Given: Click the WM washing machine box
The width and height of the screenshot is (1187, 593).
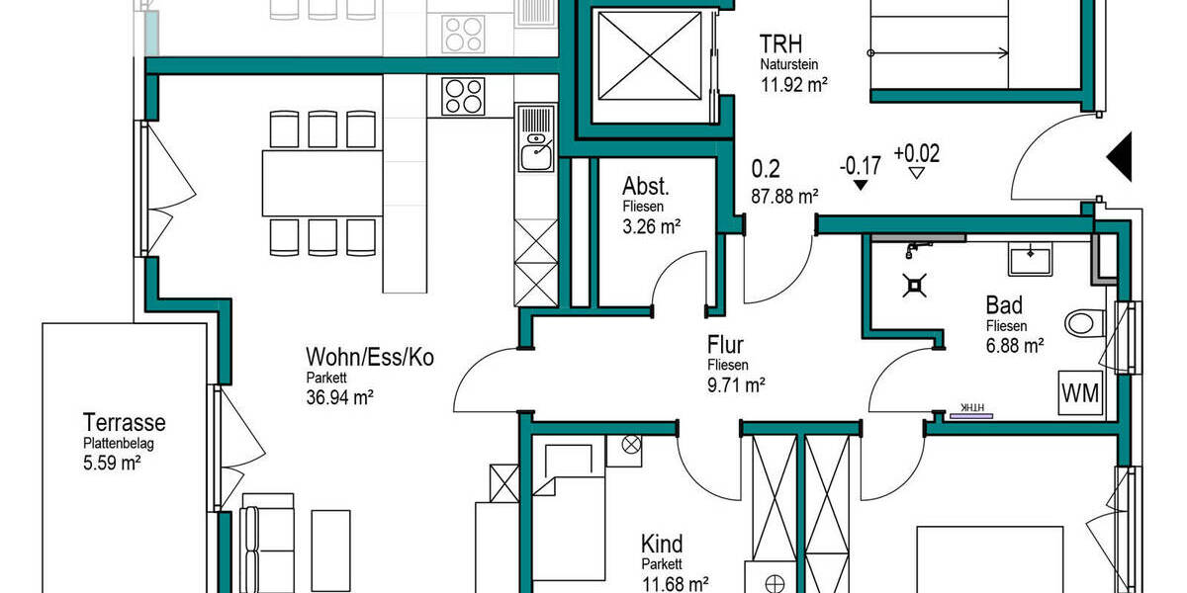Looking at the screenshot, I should (x=1080, y=393).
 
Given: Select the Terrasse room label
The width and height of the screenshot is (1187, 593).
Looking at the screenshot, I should (x=124, y=423).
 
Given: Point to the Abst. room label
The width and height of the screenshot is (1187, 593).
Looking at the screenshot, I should (x=646, y=187).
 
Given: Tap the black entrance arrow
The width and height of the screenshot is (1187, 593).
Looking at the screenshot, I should (x=1120, y=157).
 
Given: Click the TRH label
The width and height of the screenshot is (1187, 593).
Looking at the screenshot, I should (x=779, y=44).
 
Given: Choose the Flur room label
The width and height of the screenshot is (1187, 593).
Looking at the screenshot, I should (x=725, y=345).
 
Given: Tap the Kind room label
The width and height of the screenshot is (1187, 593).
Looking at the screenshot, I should (x=662, y=545).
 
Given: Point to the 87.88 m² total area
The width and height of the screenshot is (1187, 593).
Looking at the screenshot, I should (x=784, y=196).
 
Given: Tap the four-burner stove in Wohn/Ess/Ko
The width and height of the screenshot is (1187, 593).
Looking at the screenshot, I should (x=463, y=97).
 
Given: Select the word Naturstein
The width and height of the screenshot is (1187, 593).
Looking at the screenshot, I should (x=789, y=65).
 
